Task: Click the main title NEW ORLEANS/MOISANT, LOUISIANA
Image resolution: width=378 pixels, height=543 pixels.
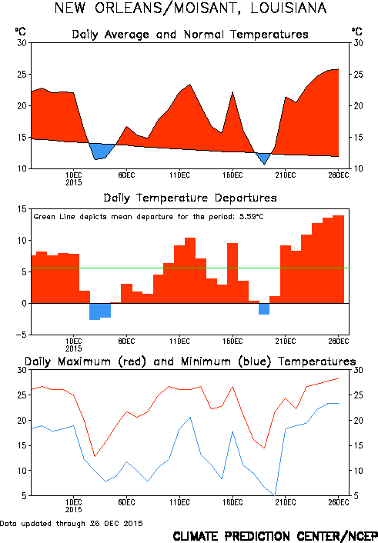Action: coord(190,8)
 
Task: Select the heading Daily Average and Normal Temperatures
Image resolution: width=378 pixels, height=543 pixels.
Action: coord(190,35)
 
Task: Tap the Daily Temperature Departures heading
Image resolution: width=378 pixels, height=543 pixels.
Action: coord(190,198)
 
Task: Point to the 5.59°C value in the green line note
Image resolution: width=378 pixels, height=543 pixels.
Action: coord(252,217)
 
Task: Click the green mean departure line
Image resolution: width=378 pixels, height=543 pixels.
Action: coord(190,268)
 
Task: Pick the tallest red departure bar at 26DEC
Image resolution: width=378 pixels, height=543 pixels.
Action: coord(339,259)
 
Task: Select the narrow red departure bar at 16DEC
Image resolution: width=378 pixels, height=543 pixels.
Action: coord(232,273)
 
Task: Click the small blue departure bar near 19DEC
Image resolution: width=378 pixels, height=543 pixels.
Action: coord(264,309)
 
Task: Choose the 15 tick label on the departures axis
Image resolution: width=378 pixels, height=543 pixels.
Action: coord(22,209)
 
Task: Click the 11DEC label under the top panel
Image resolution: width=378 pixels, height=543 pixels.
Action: coord(179,175)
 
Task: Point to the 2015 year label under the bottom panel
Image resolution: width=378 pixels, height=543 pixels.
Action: coord(73,509)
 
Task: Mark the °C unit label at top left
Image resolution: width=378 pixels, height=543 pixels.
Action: coord(21,32)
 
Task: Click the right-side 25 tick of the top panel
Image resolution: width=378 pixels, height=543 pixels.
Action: coord(358,74)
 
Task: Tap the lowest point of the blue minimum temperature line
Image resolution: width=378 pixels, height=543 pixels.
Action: coord(276,495)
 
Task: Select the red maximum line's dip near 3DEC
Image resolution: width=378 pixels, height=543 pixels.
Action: coord(95,456)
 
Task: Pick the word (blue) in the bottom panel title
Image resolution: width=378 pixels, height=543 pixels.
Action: coord(255,362)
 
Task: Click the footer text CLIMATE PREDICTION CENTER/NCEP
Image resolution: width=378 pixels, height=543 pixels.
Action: coord(276,536)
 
